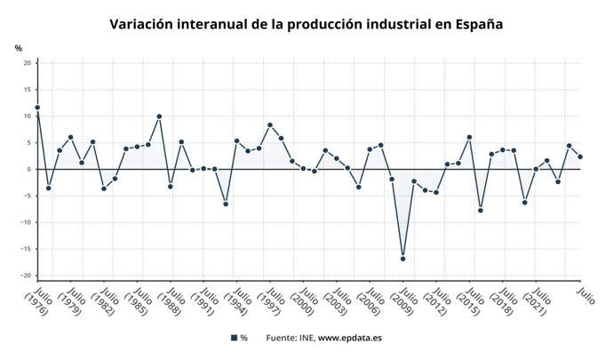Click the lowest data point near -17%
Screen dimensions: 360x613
click(x=403, y=259)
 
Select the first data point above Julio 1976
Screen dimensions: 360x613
click(x=37, y=108)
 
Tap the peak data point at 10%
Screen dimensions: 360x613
click(x=159, y=116)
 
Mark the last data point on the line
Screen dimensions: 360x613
click(x=580, y=156)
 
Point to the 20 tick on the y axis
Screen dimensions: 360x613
click(x=28, y=63)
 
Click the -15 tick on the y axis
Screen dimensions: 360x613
click(x=27, y=249)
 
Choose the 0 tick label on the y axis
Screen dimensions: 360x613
click(x=29, y=169)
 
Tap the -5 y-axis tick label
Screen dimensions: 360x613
click(x=28, y=196)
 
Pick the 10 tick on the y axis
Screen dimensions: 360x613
click(x=28, y=116)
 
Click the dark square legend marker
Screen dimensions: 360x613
click(x=234, y=338)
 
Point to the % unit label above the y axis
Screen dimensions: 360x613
click(x=19, y=47)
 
